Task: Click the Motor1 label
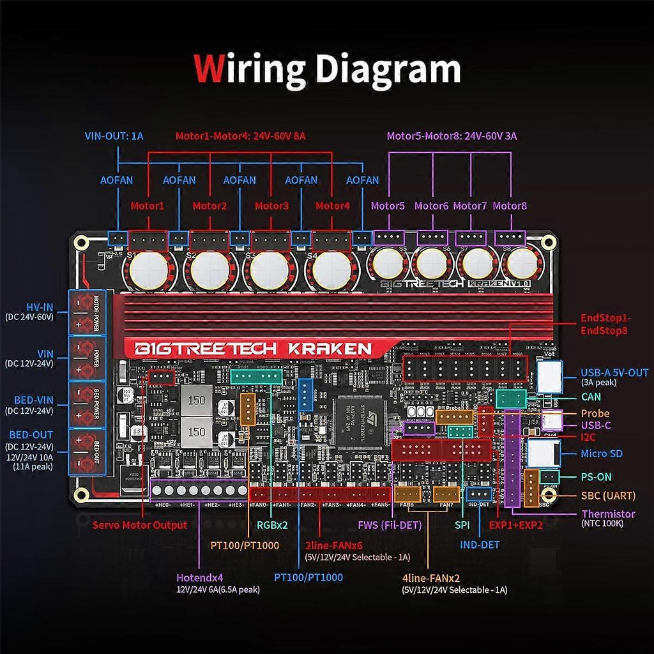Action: click(148, 206)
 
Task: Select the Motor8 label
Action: click(510, 206)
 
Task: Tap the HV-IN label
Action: click(40, 306)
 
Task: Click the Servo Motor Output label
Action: click(140, 525)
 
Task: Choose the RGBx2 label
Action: click(272, 526)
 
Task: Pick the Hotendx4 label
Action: click(200, 577)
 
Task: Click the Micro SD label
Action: click(602, 454)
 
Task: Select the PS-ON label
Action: click(596, 476)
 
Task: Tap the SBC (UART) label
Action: click(609, 496)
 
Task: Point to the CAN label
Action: click(591, 397)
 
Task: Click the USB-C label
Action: click(597, 425)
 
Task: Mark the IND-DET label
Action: click(480, 545)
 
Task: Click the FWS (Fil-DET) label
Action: click(390, 526)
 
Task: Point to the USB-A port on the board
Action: click(550, 376)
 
